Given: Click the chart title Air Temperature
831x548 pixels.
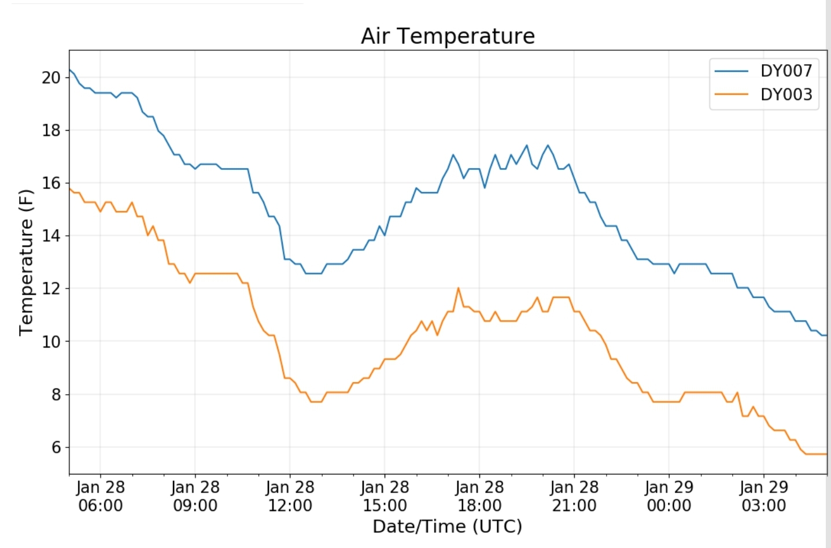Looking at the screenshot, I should (x=448, y=36).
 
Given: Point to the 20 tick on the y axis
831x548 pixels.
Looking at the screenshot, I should (x=51, y=77).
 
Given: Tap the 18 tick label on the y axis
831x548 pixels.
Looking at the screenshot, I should (x=51, y=130).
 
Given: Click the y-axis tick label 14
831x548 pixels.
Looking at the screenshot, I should (x=51, y=236).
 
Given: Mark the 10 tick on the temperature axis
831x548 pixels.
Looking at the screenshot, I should (x=51, y=342).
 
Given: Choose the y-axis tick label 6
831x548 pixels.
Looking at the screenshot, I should (x=56, y=447).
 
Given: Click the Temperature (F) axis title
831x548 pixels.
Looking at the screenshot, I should (x=26, y=262).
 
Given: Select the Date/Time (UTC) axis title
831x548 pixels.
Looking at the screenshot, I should (x=447, y=527).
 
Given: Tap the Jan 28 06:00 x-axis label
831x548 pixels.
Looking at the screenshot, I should (x=100, y=497).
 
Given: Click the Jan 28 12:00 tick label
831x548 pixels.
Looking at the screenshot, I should (x=290, y=497).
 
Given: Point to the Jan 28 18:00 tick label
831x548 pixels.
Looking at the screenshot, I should (x=479, y=497).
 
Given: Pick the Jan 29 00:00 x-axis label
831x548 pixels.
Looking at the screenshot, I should (x=669, y=497).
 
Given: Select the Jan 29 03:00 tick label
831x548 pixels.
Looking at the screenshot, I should (x=764, y=497).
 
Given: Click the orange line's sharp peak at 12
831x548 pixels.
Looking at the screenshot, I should (x=458, y=288).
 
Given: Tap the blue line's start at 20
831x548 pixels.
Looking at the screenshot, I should (x=70, y=70).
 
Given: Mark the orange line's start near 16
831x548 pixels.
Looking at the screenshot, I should (x=70, y=188).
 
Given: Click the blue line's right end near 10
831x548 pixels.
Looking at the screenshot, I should (x=826, y=335).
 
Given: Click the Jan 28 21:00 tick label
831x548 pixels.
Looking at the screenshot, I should (x=574, y=497).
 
